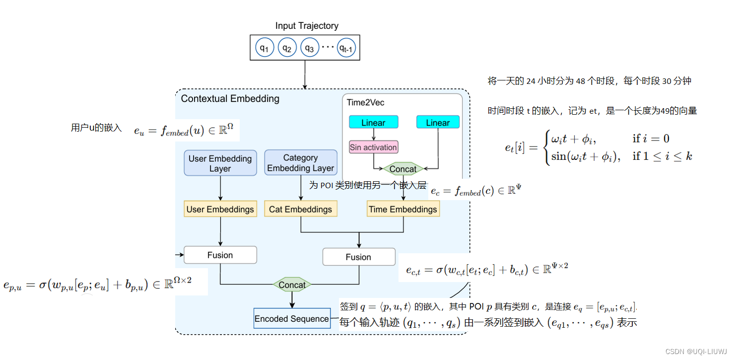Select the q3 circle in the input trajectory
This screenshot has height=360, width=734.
click(309, 48)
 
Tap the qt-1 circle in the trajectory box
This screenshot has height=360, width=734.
click(347, 48)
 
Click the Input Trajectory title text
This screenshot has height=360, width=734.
click(307, 26)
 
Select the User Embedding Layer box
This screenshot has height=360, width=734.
click(220, 163)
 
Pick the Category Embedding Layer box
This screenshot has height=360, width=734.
click(301, 163)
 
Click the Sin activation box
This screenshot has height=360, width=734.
click(373, 147)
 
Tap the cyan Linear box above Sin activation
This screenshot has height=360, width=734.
click(374, 122)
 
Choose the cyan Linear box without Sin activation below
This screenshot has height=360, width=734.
click(438, 122)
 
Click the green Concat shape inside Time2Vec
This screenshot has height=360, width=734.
click(403, 169)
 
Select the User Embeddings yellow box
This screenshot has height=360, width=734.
click(220, 209)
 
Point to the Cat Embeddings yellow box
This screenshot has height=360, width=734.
click(300, 209)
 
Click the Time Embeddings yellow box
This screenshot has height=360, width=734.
click(403, 209)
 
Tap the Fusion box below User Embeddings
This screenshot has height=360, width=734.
click(220, 255)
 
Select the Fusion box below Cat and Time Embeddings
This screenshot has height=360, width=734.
click(358, 257)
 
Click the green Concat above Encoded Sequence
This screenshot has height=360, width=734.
click(292, 285)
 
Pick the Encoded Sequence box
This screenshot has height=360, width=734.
click(292, 319)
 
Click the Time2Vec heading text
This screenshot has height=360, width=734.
click(365, 103)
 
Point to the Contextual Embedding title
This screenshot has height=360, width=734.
click(230, 98)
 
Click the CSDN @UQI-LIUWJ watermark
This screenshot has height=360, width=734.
click(695, 351)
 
